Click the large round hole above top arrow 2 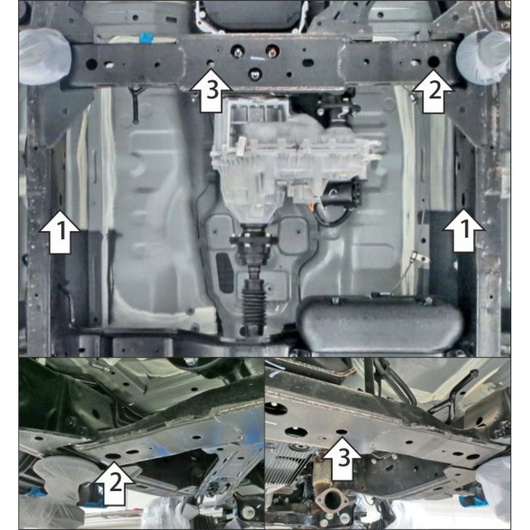point(434,62)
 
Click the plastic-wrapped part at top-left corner point(44,56)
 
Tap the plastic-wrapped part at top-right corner point(484,58)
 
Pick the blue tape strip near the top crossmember point(146,37)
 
